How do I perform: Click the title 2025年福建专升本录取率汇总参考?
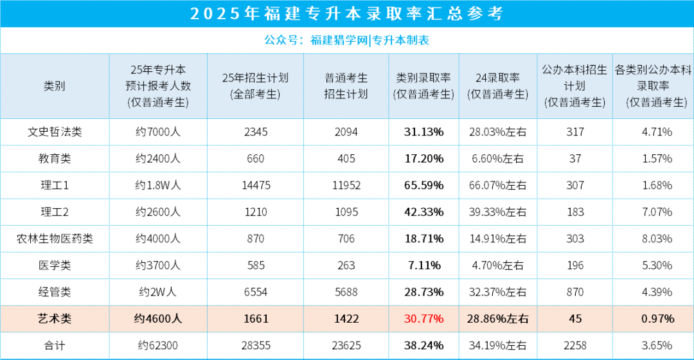tap(346, 14)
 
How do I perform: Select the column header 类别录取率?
tap(423, 86)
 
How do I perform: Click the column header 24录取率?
tap(498, 86)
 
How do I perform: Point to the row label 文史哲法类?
tap(55, 132)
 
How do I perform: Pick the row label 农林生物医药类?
tap(55, 239)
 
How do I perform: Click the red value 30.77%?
tap(423, 318)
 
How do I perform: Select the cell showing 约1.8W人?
tap(158, 185)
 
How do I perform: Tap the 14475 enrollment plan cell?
tap(255, 185)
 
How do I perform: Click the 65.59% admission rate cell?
tap(423, 185)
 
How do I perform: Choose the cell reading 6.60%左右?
tap(498, 159)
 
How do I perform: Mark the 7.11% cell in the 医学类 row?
tap(423, 265)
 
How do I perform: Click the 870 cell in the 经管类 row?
tap(575, 292)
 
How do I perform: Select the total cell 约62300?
tap(158, 345)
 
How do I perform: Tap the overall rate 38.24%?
tap(423, 345)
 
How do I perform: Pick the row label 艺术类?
tap(55, 318)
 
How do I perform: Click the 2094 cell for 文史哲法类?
tap(346, 132)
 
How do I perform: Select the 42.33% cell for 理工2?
tap(423, 212)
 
